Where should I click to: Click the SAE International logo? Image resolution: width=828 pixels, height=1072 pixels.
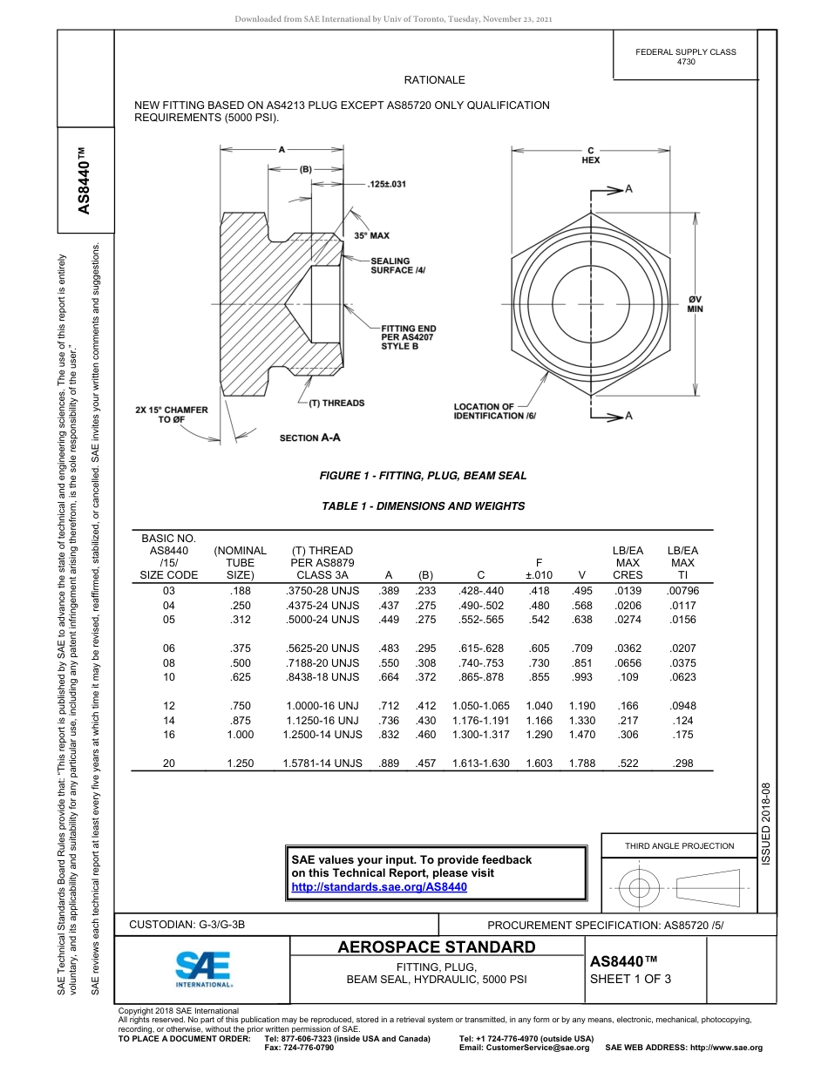coord(203,967)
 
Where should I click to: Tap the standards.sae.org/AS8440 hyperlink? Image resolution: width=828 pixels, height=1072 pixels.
coord(379,886)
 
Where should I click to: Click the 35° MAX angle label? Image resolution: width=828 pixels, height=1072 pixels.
coord(371,235)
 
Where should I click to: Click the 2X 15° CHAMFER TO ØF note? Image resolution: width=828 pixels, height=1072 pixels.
coord(171,415)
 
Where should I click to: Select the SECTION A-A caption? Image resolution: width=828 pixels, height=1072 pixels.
coord(309,438)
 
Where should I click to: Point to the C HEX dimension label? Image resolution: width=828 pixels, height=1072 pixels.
coord(590,155)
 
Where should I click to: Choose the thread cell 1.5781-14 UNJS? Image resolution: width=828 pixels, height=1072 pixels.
coord(322,763)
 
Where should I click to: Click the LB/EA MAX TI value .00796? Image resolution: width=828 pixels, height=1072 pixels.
coord(682,591)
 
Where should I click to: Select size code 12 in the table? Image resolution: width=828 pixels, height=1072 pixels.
coord(169,706)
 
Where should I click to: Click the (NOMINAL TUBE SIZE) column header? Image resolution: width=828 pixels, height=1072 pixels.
coord(240,563)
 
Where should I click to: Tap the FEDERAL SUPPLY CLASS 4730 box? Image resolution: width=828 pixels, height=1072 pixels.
coord(685,57)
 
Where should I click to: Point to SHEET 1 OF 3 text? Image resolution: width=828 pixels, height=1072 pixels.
coord(630,978)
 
